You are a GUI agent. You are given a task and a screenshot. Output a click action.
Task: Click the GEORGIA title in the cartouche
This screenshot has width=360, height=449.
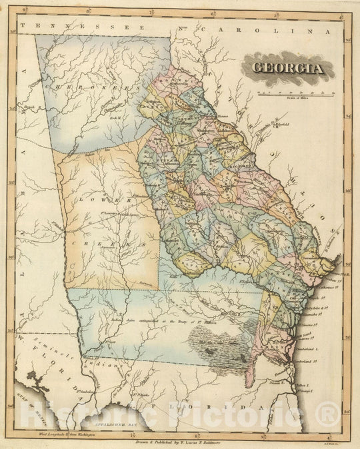[288, 67]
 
